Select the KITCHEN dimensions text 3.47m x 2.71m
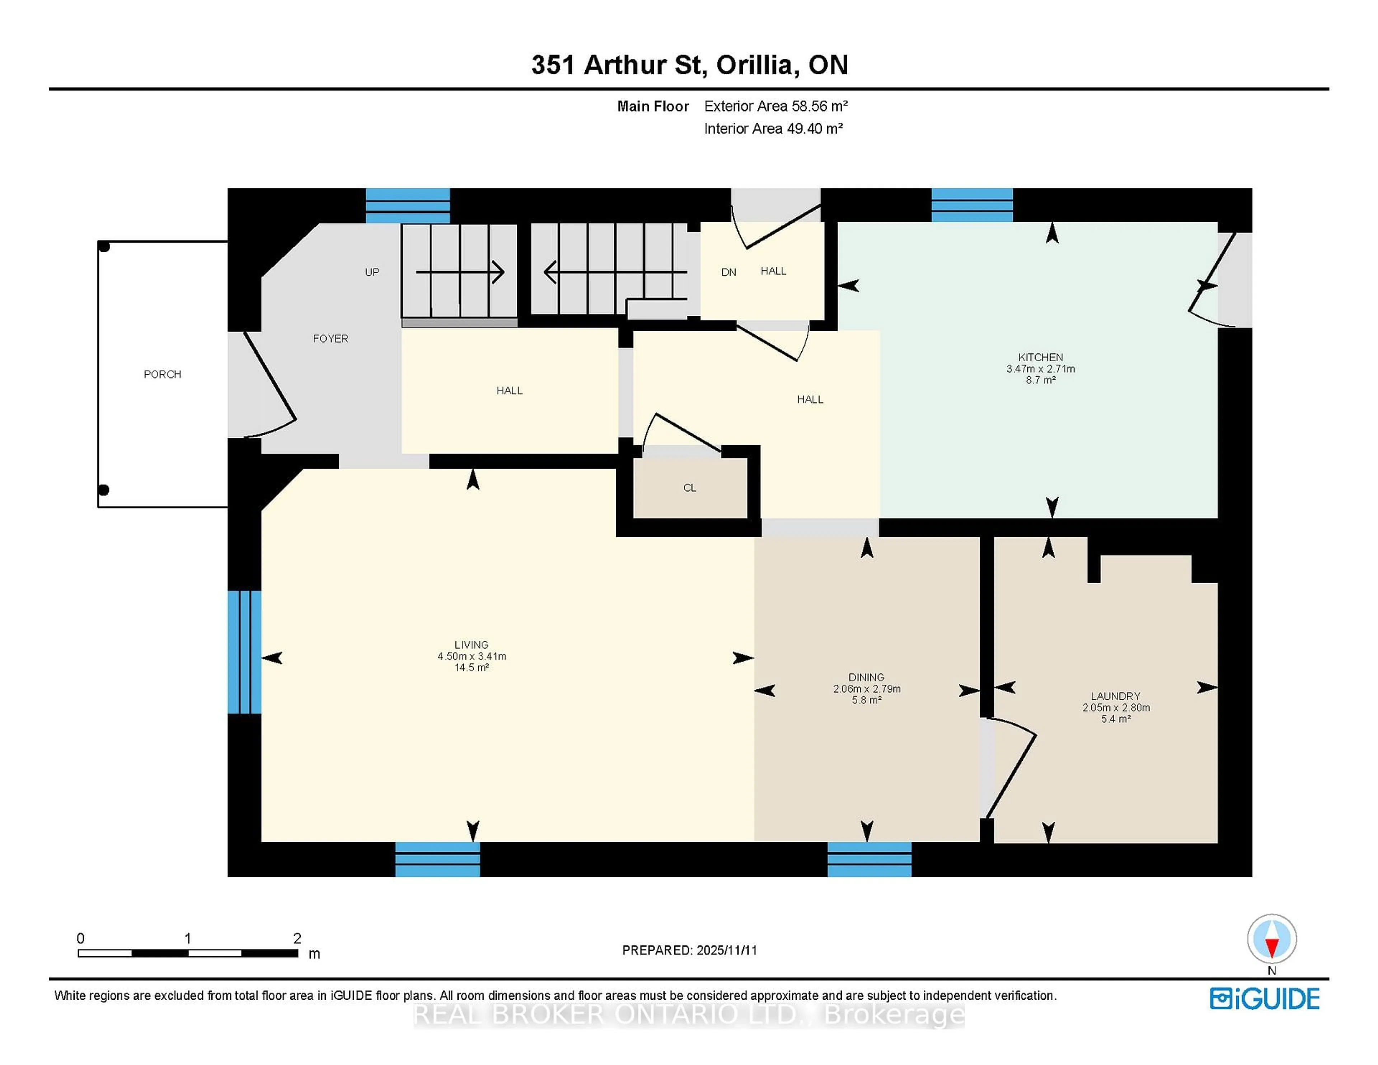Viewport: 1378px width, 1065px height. (1040, 369)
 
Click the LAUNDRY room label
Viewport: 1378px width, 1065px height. (1116, 696)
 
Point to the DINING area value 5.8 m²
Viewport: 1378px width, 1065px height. (866, 700)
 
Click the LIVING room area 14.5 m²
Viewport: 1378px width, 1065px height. (471, 667)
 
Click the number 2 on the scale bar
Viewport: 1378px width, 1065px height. (297, 938)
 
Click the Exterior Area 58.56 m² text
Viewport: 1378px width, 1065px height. (775, 106)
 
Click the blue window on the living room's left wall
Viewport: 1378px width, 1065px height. (244, 652)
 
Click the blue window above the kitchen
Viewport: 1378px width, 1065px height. (972, 205)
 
